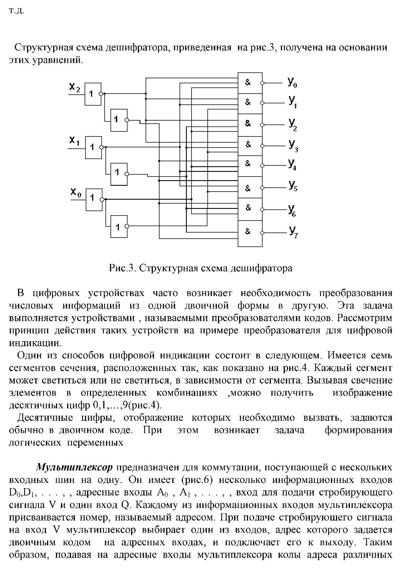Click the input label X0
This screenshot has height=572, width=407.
pos(75,192)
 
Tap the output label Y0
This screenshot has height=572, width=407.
pos(292,82)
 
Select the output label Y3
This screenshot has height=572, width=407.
pos(293,146)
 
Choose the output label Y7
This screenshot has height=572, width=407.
pos(293,232)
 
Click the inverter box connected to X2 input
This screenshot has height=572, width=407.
pos(93,94)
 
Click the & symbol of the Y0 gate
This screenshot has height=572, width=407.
pos(248,82)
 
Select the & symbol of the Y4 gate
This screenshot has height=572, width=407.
pos(248,164)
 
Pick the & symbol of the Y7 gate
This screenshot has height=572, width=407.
pos(248,231)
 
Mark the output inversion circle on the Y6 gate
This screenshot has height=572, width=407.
pos(262,209)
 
